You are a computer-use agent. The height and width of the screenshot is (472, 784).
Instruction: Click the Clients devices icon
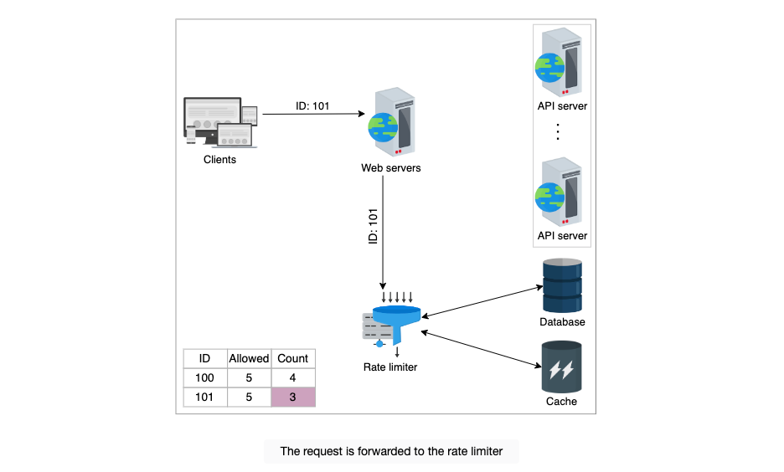(220, 122)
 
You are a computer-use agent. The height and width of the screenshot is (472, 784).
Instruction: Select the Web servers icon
(391, 123)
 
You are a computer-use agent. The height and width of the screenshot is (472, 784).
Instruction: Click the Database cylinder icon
(563, 285)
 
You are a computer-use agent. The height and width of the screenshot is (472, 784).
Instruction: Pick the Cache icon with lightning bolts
(561, 367)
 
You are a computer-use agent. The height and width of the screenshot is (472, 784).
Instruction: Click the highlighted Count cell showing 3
(293, 397)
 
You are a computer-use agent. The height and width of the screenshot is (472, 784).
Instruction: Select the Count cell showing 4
(293, 377)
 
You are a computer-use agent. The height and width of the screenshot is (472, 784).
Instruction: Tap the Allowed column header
(249, 359)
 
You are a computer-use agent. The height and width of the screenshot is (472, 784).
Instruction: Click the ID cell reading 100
(205, 377)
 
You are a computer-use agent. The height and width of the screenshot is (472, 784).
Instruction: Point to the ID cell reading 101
(205, 397)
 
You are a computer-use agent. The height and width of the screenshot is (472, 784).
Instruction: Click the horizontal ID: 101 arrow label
(312, 106)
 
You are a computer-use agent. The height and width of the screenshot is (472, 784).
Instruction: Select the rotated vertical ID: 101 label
(373, 226)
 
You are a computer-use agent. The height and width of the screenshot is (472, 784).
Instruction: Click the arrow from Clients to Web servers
(313, 114)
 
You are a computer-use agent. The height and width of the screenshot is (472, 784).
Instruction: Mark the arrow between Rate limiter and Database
(482, 301)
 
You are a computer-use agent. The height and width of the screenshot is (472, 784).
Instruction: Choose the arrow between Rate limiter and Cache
(481, 349)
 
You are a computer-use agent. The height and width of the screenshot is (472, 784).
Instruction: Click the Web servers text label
(391, 168)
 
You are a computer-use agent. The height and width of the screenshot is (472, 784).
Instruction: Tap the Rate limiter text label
(390, 367)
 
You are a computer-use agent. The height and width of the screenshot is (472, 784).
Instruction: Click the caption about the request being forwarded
(391, 452)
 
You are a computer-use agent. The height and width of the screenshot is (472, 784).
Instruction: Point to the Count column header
(293, 359)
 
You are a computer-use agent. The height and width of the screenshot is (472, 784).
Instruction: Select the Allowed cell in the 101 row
(249, 397)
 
